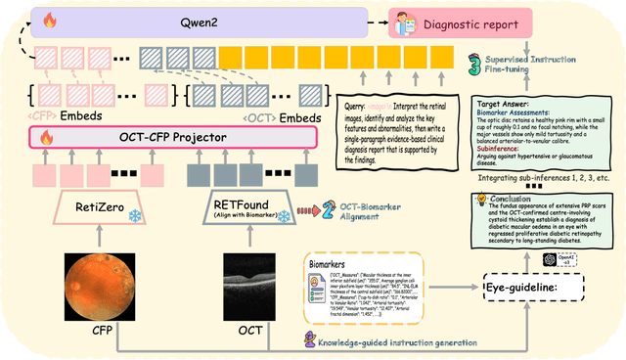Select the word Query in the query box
tap(355, 104)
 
